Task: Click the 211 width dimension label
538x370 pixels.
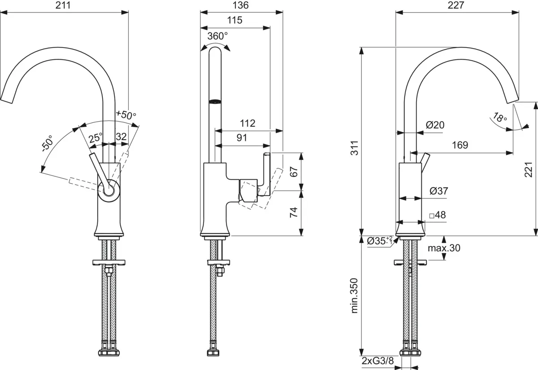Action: point(65,5)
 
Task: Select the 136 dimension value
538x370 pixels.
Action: point(242,5)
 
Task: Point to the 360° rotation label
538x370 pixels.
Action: point(217,36)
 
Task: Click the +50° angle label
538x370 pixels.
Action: point(126,115)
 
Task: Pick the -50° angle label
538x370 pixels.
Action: point(47,143)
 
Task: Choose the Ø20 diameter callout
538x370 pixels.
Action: point(434,125)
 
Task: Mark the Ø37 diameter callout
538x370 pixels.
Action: point(438,191)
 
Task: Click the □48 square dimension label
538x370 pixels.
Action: point(437,216)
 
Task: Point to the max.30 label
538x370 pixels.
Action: point(443,248)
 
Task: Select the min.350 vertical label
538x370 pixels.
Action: point(353,295)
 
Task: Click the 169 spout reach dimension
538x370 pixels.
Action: point(459,145)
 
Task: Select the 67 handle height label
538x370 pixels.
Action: point(294,171)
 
